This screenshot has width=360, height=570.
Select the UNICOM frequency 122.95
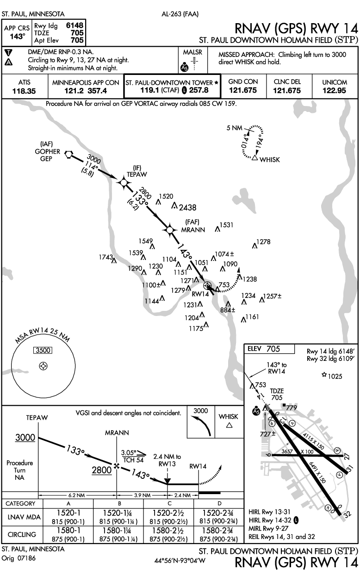coord(335,91)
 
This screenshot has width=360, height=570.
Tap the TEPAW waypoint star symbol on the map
coord(124,183)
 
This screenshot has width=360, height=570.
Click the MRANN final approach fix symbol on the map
coord(170,229)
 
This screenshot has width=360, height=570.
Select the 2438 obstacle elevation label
coord(188,207)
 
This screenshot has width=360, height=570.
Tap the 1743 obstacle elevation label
coord(106,257)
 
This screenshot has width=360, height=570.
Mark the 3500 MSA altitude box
coord(43,350)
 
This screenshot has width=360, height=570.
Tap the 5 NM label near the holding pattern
coord(234,128)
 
